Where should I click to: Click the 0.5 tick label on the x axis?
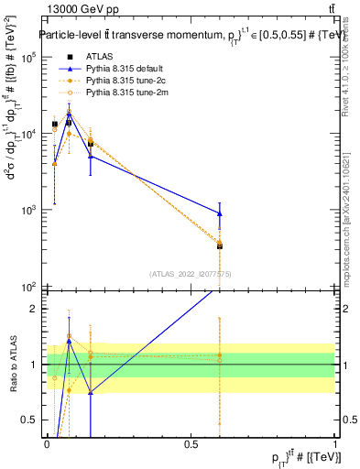pos(191,443)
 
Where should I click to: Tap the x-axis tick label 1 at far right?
pos(335,443)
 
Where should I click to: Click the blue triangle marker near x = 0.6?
pos(219,213)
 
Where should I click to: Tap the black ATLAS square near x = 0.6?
pos(219,245)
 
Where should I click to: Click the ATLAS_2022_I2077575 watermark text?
pos(191,274)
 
